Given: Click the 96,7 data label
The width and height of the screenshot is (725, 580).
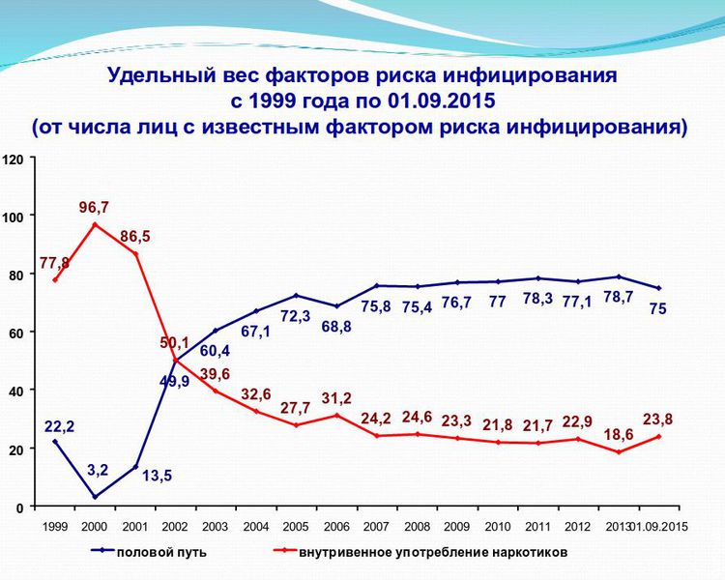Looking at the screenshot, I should pos(94,208).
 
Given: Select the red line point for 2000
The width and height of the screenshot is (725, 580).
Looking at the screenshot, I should pos(95,224).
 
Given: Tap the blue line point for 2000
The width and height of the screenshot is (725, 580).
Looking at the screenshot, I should pos(95,497).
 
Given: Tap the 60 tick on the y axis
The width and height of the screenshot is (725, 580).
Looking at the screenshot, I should pos(14,333).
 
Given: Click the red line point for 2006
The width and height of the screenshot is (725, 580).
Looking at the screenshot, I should pos(336,416).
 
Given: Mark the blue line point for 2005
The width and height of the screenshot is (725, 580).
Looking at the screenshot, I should pos(296,295).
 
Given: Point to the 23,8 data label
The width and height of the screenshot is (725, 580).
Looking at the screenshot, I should pos(659,419).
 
